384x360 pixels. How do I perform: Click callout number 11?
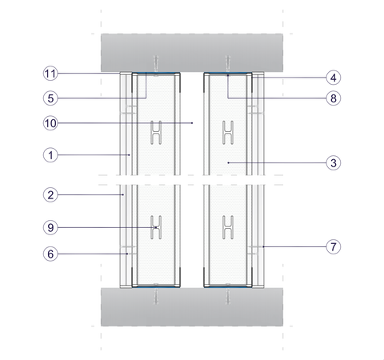(50, 74)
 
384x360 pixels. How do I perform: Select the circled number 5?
(50, 98)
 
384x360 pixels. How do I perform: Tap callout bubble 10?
(50, 123)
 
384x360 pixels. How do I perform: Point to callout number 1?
(50, 155)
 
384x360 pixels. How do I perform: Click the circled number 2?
(50, 195)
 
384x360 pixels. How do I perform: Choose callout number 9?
(50, 227)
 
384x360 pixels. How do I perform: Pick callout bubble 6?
(50, 254)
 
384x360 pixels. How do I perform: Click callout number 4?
(334, 78)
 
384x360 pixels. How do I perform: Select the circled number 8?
(334, 98)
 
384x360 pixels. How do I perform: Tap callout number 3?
(334, 163)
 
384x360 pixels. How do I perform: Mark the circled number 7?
(334, 246)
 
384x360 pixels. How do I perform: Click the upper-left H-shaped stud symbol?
(156, 133)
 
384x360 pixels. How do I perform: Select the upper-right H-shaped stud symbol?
(228, 133)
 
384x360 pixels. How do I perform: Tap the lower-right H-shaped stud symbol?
(228, 227)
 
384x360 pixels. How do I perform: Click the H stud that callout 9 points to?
(156, 227)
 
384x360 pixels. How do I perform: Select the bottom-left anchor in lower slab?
(156, 296)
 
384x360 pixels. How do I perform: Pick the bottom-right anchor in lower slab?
(228, 296)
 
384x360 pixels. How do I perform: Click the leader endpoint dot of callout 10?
(192, 123)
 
